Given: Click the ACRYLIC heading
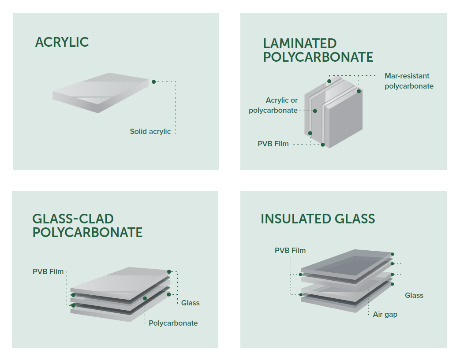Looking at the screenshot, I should [x=62, y=42].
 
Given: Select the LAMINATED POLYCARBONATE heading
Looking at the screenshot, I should [x=318, y=50].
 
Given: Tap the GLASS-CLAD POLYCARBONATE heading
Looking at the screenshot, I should [x=87, y=226].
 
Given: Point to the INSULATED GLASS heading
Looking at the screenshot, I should [x=318, y=219].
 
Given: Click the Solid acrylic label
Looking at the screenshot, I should [x=150, y=132].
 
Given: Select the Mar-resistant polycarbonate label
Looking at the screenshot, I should [x=409, y=81].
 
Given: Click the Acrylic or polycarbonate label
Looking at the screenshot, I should [x=273, y=105].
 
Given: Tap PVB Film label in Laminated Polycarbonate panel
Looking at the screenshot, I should [x=273, y=144].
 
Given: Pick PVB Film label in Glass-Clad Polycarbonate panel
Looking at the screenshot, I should [x=48, y=271].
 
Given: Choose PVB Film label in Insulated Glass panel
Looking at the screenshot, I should [x=290, y=250].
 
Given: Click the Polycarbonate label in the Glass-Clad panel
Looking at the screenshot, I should [x=173, y=323].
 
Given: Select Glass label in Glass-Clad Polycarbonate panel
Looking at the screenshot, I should [x=190, y=303].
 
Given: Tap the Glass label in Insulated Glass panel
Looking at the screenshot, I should [x=414, y=296].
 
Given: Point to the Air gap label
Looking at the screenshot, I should [x=385, y=315].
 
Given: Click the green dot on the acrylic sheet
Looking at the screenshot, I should [x=153, y=82].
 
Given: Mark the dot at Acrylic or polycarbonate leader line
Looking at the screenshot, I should [x=315, y=111].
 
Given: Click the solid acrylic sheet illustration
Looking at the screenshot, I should [x=101, y=93].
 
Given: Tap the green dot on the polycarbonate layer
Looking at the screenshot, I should [x=145, y=298].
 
